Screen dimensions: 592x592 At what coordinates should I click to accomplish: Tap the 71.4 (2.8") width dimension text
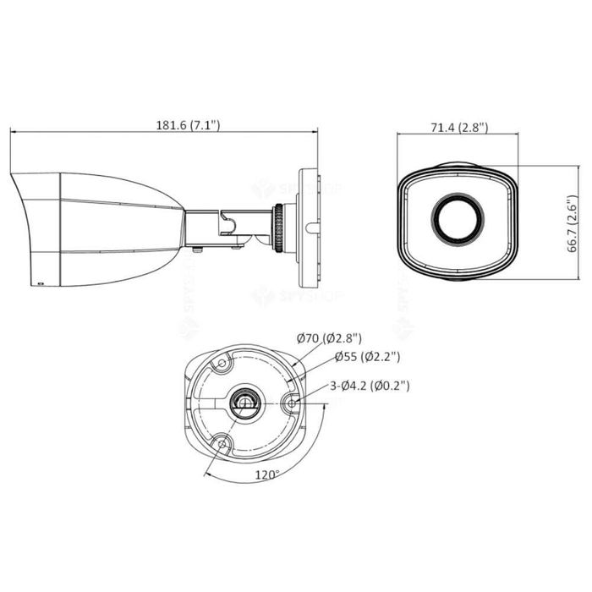[458, 128]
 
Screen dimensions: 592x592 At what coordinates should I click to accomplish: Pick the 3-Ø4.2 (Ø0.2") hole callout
[370, 386]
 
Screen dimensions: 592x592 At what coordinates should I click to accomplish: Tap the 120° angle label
[268, 474]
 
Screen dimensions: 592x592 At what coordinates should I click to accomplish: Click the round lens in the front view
[458, 217]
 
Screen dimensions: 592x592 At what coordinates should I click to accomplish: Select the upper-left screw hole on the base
[222, 364]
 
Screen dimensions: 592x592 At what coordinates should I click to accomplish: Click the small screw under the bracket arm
[197, 249]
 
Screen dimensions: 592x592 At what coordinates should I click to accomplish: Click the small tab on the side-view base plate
[310, 227]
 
